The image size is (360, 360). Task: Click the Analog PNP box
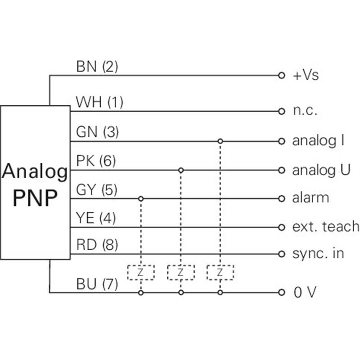pyautogui.click(x=35, y=182)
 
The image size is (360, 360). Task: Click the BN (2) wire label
pyautogui.click(x=97, y=67)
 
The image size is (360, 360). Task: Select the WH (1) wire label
pyautogui.click(x=99, y=102)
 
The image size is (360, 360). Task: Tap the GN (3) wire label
pyautogui.click(x=97, y=132)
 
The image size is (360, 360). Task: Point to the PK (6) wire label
pyautogui.click(x=96, y=161)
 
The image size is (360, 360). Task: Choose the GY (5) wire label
pyautogui.click(x=97, y=190)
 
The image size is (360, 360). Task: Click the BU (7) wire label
pyautogui.click(x=97, y=284)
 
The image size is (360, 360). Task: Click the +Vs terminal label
pyautogui.click(x=306, y=75)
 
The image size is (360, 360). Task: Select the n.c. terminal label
pyautogui.click(x=305, y=111)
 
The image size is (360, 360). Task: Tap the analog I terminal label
pyautogui.click(x=318, y=141)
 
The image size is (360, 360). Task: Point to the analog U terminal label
pyautogui.click(x=321, y=170)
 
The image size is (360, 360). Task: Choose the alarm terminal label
pyautogui.click(x=310, y=198)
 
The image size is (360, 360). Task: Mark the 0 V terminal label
pyautogui.click(x=305, y=293)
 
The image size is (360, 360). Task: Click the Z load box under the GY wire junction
pyautogui.click(x=140, y=272)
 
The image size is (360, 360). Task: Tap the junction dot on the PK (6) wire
pyautogui.click(x=180, y=170)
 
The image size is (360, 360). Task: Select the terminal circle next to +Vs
pyautogui.click(x=282, y=75)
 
